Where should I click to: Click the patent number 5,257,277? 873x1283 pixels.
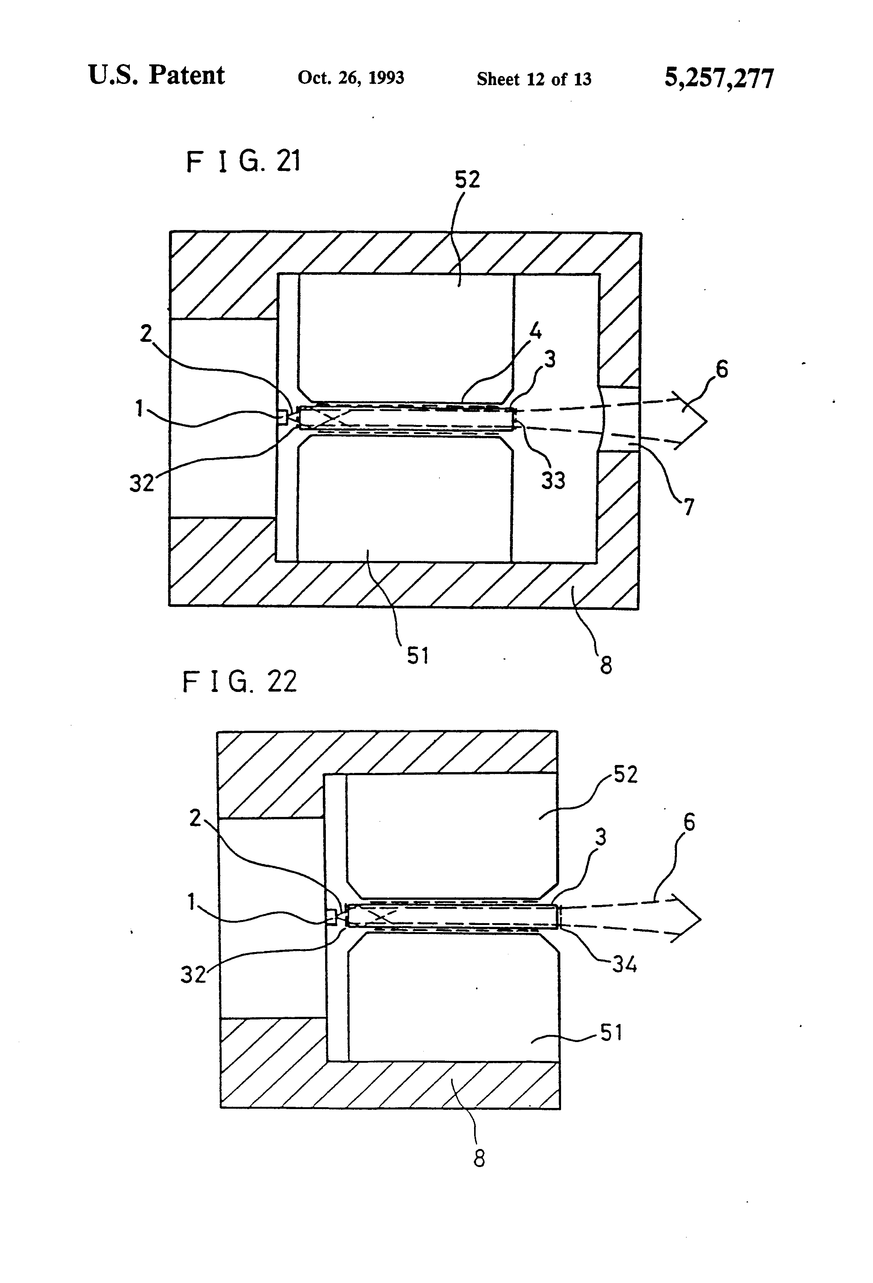pos(718,78)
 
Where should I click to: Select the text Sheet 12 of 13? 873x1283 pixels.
pos(534,79)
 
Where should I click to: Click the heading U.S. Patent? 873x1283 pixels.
pos(156,75)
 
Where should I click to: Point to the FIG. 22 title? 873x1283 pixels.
pos(239,681)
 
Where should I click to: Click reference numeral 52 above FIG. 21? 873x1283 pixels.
pos(467,180)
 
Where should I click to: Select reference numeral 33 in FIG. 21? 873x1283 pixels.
pos(553,480)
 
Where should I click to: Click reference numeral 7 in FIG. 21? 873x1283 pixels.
pos(689,506)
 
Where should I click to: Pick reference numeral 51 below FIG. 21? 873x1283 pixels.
pos(418,655)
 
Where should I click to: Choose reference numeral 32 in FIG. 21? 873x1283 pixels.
pos(141,483)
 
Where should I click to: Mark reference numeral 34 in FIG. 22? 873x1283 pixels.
pos(625,965)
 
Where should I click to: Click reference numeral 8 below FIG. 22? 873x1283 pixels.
pos(479,1159)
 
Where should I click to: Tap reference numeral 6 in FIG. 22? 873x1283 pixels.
pos(689,823)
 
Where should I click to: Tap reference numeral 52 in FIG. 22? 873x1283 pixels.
pos(625,774)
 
